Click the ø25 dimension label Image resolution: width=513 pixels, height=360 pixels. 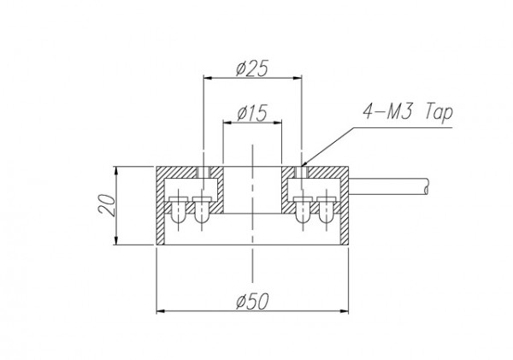pos(252,68)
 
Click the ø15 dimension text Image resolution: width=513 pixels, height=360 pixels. pos(252,113)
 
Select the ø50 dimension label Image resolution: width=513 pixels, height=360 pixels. pos(252,301)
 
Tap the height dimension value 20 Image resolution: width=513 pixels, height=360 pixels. pos(107,205)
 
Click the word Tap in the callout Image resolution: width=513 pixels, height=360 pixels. pos(439,113)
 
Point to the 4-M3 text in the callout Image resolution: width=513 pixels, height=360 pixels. pos(389,111)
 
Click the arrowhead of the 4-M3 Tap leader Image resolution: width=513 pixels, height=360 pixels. pos(304,163)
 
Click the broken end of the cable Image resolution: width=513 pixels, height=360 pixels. pos(426,187)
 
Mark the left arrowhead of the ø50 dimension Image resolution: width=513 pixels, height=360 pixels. pos(161,311)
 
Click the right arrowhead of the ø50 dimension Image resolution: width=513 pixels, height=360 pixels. pos(345,311)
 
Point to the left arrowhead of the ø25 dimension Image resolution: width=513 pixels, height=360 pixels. pos(208,78)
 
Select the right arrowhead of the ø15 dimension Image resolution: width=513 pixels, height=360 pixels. pos(278,123)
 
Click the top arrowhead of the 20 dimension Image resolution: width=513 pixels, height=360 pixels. pos(116,170)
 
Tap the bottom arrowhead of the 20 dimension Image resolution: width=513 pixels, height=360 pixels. pos(116,240)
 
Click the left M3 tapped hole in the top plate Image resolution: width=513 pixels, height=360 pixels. pos(203,172)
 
